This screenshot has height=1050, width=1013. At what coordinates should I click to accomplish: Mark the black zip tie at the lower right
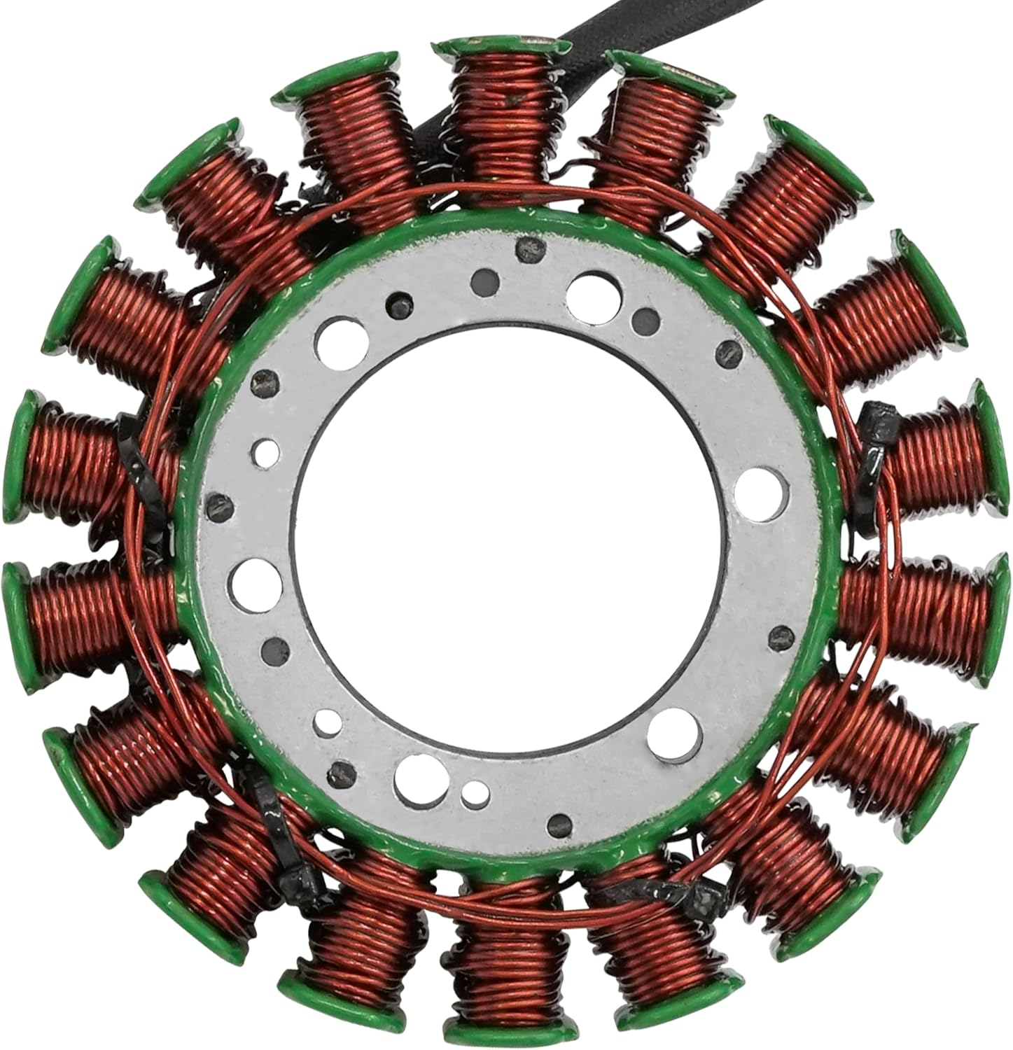coord(651,892)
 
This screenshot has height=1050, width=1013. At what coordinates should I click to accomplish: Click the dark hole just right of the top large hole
coord(640,319)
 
